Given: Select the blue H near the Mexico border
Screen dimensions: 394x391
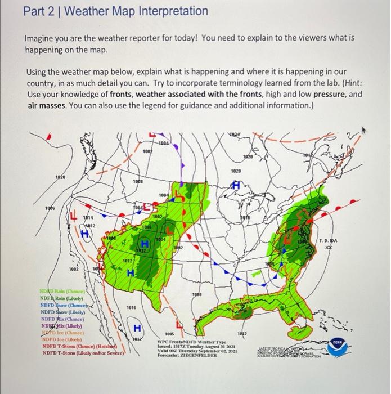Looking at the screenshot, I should click(136, 328).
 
